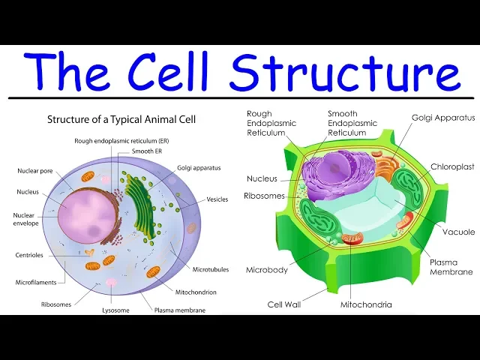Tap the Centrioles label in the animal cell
[x=29, y=255]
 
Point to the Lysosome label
[x=115, y=310]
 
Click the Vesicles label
[x=217, y=199]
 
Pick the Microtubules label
[x=211, y=268]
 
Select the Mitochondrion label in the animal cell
[x=196, y=292]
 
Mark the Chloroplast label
[x=452, y=166]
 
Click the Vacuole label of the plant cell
[x=458, y=232]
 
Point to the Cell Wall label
[x=285, y=304]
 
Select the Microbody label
[x=267, y=270]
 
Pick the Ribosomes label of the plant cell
[x=264, y=196]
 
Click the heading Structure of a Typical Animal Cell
[x=121, y=118]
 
